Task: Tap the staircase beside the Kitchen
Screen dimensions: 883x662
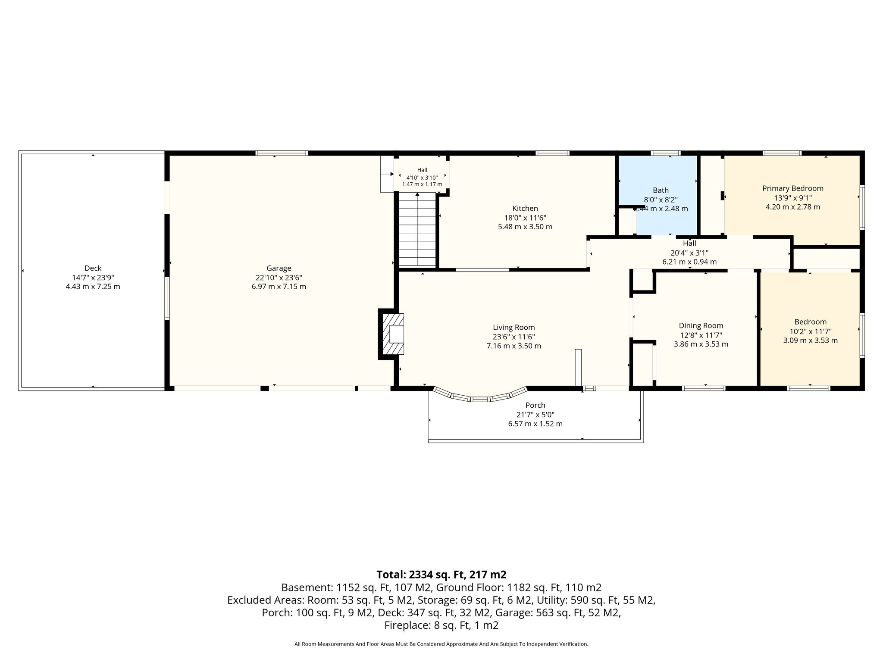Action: click(417, 230)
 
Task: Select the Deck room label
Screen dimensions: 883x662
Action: click(93, 268)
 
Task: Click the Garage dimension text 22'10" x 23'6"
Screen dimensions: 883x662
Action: click(279, 278)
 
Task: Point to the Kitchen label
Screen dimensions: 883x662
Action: click(525, 209)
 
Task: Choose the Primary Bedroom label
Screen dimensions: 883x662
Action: click(793, 188)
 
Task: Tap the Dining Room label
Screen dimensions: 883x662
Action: click(701, 326)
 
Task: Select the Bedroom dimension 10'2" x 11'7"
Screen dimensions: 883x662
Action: click(811, 331)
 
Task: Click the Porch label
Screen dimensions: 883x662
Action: click(535, 405)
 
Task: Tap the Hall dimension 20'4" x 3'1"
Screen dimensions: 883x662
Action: click(689, 253)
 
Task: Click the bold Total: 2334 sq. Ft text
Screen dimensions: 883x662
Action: click(441, 575)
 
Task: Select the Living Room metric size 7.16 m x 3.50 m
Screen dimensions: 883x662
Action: click(514, 346)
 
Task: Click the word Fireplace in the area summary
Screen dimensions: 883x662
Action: click(405, 625)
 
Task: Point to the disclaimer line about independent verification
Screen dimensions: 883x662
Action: click(441, 644)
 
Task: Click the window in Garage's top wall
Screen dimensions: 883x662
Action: click(282, 153)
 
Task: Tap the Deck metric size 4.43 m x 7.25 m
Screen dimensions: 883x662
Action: click(93, 286)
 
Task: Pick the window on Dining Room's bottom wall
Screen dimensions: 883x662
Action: click(704, 388)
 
